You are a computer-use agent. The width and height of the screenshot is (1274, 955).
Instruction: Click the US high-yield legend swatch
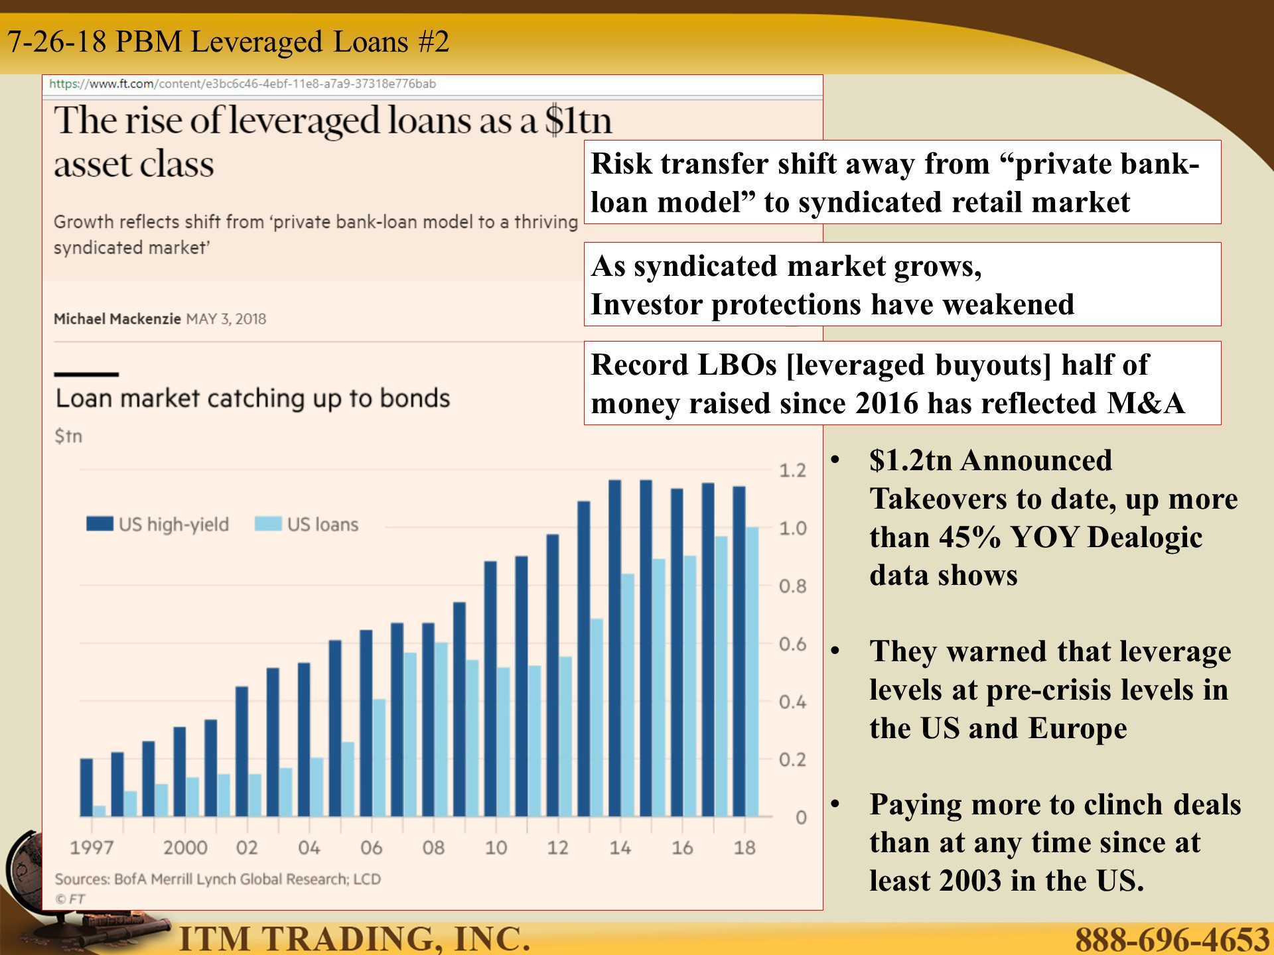coord(100,524)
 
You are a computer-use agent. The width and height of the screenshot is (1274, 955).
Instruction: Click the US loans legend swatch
coord(268,524)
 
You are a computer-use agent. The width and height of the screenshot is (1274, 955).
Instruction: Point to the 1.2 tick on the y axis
coord(792,470)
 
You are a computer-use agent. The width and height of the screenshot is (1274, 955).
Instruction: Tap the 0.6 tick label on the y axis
coord(792,644)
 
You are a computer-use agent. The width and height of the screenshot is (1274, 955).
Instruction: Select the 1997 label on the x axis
coord(92,848)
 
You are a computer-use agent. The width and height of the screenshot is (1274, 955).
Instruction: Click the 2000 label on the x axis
coord(185,848)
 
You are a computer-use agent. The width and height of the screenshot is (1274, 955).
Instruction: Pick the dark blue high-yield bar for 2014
coord(614,648)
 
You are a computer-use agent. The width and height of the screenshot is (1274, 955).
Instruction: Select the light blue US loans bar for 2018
coord(752,672)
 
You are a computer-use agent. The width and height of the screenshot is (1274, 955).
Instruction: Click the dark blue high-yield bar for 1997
coord(86,787)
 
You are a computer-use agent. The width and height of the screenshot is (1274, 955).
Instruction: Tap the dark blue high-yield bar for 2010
coord(490,688)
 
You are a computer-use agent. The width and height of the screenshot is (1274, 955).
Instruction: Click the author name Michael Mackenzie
coord(117,319)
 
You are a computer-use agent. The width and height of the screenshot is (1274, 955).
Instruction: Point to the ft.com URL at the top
coord(242,84)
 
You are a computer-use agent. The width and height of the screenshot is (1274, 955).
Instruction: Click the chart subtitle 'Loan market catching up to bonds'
coord(253,398)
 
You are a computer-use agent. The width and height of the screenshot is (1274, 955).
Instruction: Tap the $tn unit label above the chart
coord(68,436)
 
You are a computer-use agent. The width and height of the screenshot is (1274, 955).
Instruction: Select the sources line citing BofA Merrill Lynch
coord(218,879)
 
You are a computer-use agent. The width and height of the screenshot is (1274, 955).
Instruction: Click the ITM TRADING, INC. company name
coord(355,938)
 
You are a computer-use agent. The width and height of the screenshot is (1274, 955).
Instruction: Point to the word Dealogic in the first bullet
coord(1145,537)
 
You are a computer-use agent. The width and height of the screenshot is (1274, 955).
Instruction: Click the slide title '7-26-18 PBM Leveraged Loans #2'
coord(228,42)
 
